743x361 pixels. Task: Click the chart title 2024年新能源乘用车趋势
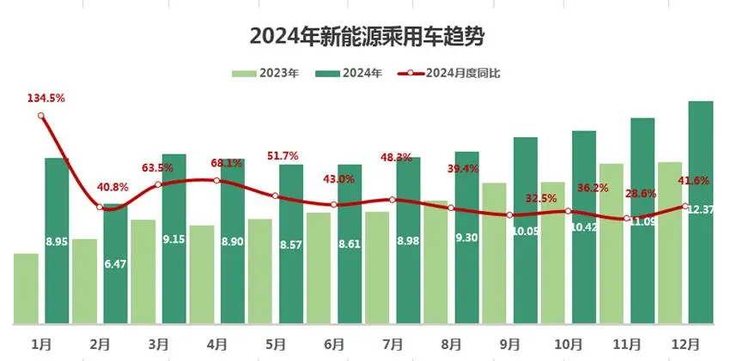pyautogui.click(x=372, y=37)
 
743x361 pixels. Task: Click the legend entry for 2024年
pyautogui.click(x=349, y=73)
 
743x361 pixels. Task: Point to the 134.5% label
pyautogui.click(x=46, y=99)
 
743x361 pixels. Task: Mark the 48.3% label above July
pyautogui.click(x=396, y=158)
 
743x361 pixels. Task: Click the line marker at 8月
pyautogui.click(x=451, y=208)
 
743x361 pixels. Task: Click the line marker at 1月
pyautogui.click(x=41, y=117)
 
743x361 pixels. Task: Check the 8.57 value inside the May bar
pyautogui.click(x=291, y=244)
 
